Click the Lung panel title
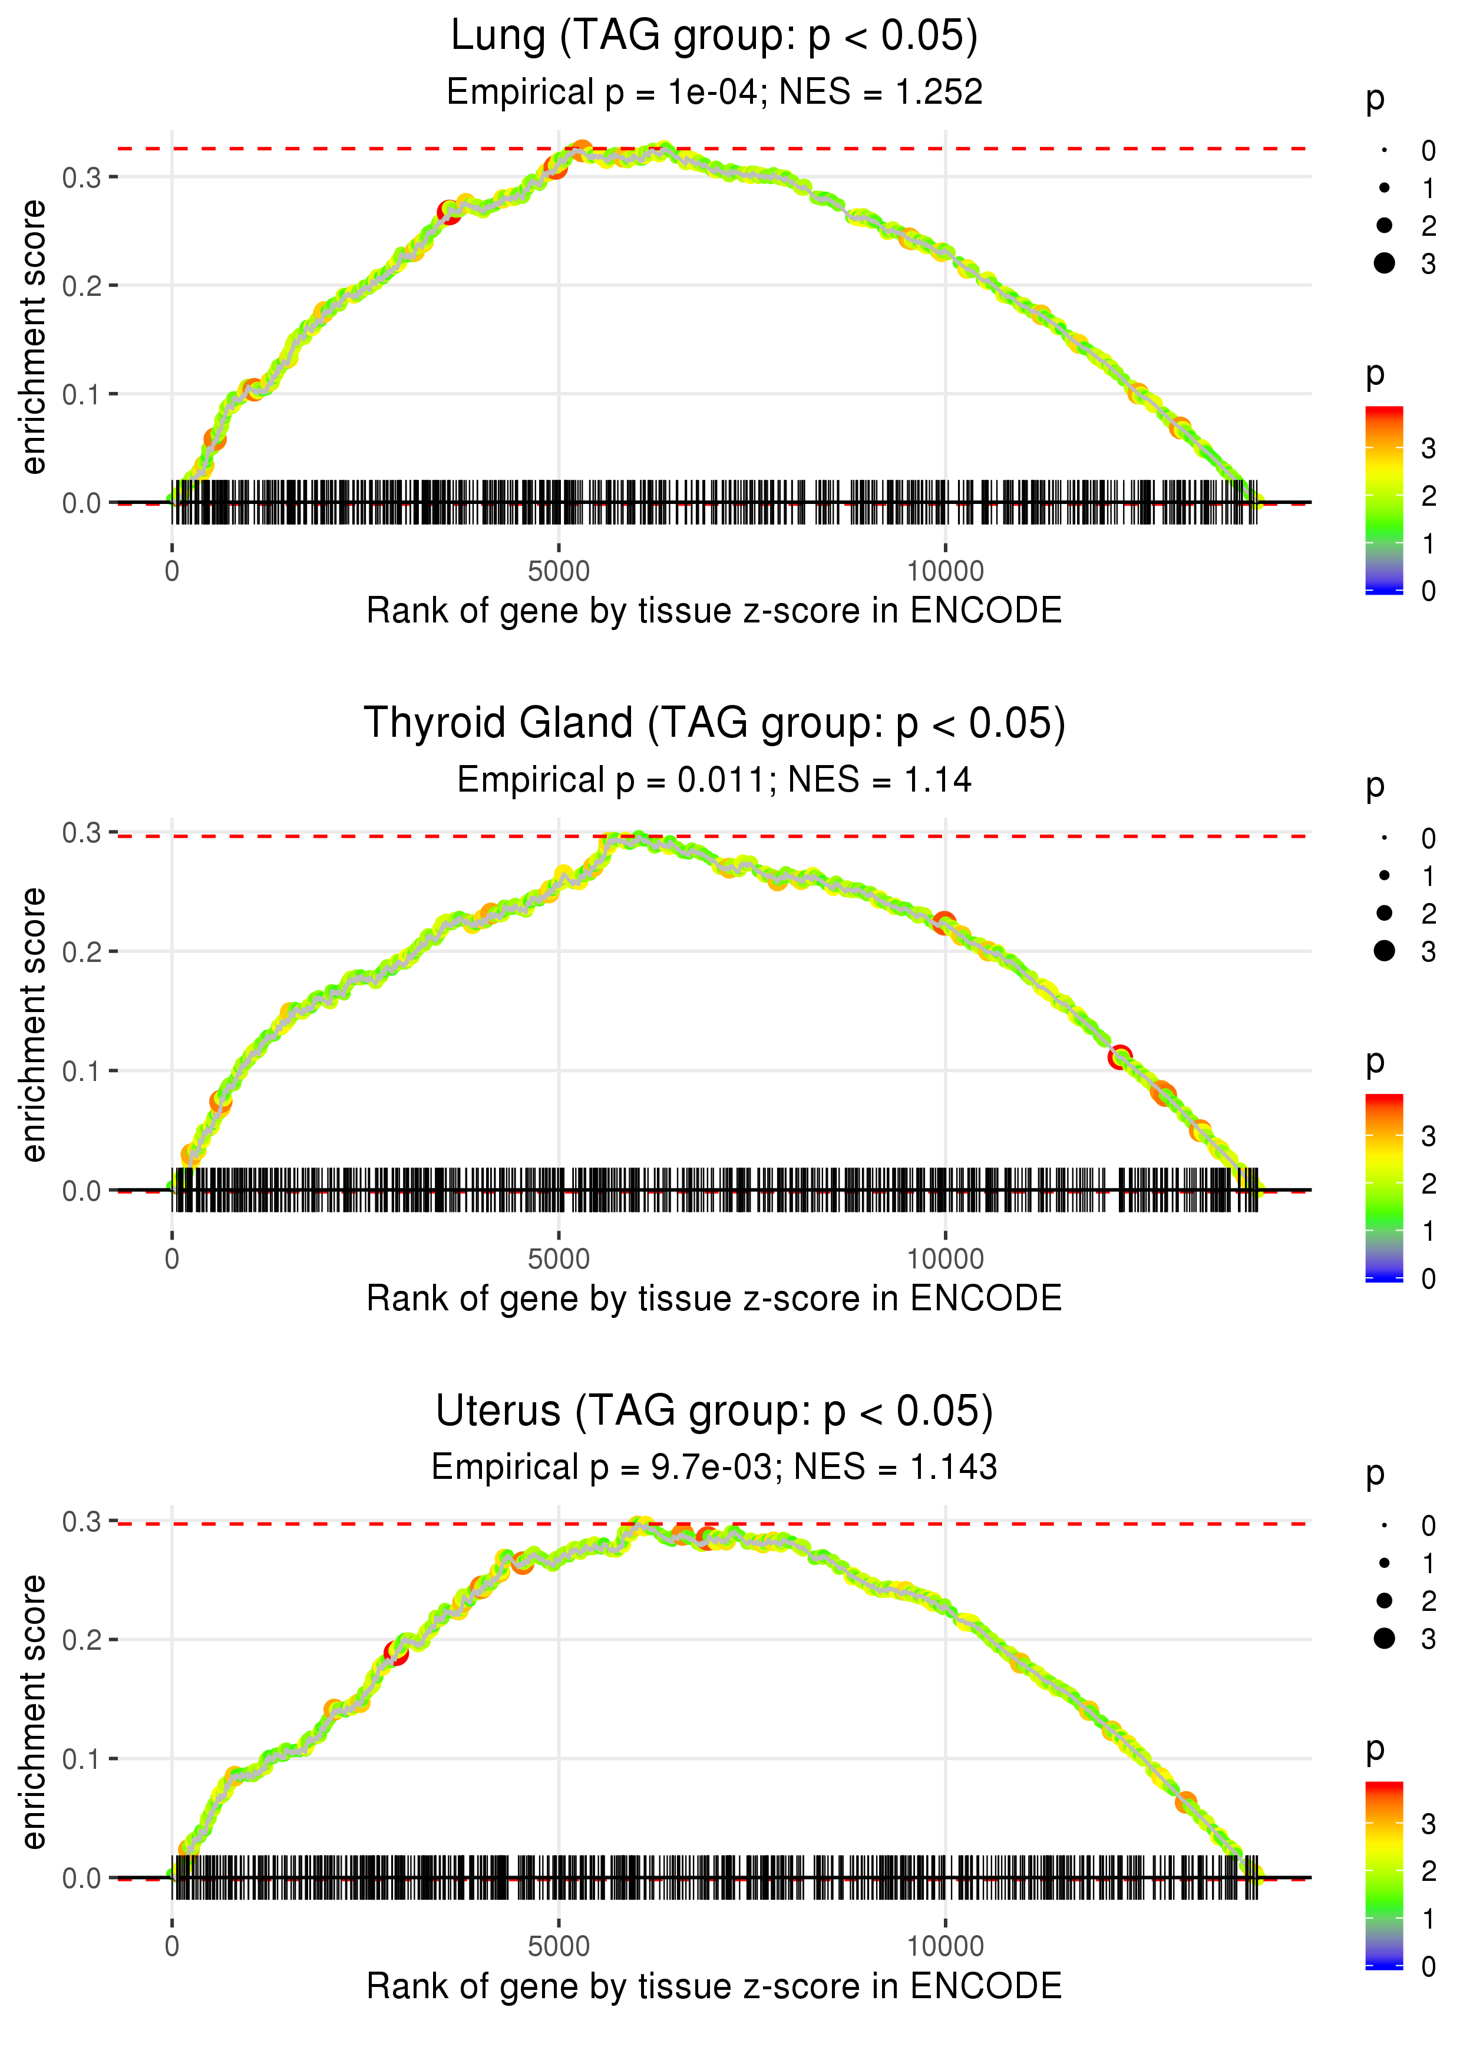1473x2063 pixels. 714,37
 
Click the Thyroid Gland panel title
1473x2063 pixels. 714,724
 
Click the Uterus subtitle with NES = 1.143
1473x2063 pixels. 714,1467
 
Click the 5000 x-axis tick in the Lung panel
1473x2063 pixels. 559,572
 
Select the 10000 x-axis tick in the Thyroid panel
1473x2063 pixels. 945,1259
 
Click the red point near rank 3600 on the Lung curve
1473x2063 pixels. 449,212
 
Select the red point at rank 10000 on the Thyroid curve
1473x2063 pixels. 944,924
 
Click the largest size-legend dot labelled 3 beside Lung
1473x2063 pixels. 1384,263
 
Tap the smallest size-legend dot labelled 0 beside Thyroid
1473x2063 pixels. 1384,838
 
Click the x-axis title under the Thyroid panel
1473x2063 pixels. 714,1299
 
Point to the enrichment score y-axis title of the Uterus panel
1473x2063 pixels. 34,1711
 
